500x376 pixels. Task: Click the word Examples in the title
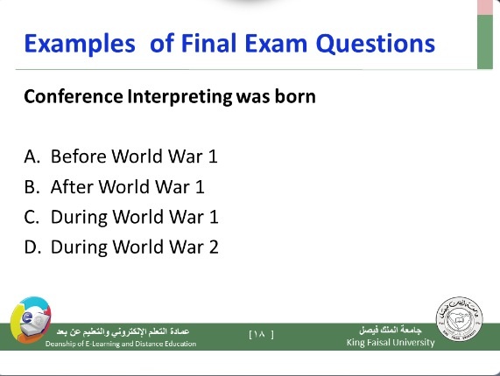[80, 44]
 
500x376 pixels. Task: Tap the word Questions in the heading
[376, 44]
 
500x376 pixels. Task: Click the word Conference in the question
[74, 96]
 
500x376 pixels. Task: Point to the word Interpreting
[180, 97]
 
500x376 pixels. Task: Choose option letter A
[32, 157]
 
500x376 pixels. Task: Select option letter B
[32, 187]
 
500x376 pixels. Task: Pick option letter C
[32, 217]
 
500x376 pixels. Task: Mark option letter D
[32, 247]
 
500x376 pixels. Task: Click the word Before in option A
[79, 157]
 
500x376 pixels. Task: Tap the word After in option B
[73, 186]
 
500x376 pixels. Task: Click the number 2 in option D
[214, 247]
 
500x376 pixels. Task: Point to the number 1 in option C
[214, 217]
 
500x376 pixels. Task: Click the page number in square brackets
[261, 334]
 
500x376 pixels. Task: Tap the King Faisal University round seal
[459, 319]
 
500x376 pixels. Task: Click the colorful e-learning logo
[31, 320]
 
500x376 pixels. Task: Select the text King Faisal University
[391, 343]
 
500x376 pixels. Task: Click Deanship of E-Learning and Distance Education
[121, 344]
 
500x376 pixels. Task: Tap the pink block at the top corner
[485, 7]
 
